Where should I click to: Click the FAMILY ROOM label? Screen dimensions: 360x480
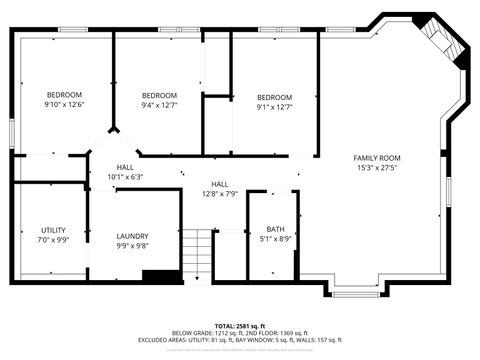[x=376, y=158]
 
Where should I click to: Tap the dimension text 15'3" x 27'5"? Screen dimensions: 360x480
[x=376, y=168]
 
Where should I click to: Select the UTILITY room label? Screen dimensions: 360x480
[x=53, y=230]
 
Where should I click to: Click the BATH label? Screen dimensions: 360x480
[x=275, y=229]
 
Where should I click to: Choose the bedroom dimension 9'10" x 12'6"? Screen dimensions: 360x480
[x=63, y=104]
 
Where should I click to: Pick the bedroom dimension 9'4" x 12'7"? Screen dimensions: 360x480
[x=159, y=104]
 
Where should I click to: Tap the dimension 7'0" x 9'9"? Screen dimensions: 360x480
[x=53, y=240]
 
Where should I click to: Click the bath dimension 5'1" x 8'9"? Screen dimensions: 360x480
[x=275, y=239]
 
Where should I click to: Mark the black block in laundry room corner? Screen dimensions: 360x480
[x=157, y=275]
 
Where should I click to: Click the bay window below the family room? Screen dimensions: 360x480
[x=355, y=292]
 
